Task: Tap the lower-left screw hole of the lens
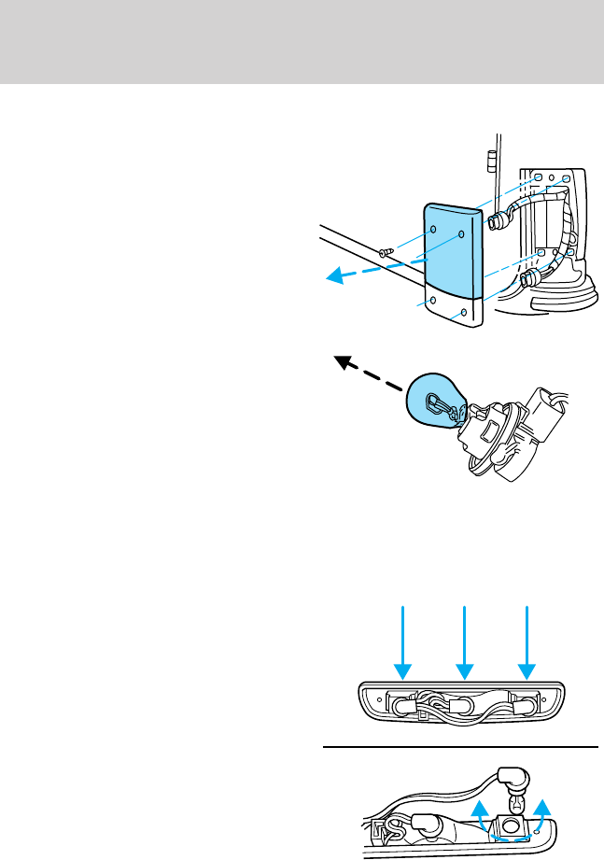click(x=433, y=302)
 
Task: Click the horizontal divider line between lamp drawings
click(x=459, y=747)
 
